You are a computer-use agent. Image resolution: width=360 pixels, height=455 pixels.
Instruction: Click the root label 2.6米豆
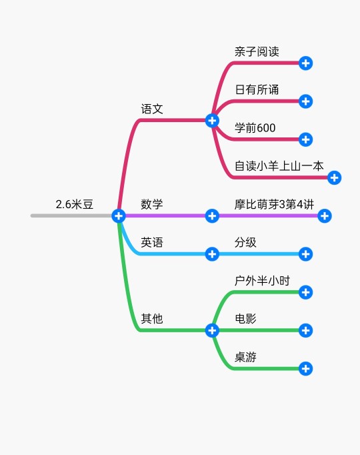(x=75, y=204)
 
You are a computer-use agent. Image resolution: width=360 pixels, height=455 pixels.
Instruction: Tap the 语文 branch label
(x=152, y=109)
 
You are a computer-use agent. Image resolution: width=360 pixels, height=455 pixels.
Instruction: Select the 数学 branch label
(x=152, y=204)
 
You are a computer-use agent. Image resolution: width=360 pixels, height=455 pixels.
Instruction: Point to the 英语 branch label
(x=152, y=242)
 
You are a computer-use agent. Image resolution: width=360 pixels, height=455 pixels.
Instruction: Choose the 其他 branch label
(x=152, y=319)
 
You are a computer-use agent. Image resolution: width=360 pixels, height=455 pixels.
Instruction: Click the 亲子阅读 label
(x=257, y=51)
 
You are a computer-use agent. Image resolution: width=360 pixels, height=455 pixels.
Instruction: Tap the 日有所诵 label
(x=257, y=89)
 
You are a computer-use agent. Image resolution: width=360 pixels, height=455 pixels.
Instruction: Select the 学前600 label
(x=255, y=128)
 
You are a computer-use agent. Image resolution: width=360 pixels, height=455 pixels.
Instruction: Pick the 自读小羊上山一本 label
(x=279, y=166)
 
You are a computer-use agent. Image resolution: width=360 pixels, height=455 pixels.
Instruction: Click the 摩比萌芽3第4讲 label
(x=274, y=204)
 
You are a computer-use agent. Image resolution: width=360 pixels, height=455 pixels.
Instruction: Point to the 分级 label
(x=245, y=242)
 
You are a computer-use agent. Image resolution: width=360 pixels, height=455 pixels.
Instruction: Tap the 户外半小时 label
(x=262, y=281)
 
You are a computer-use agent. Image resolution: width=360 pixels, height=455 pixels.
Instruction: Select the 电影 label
(x=245, y=319)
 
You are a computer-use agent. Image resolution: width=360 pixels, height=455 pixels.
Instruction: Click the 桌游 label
(x=245, y=357)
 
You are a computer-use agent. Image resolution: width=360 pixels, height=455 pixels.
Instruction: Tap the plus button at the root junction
(x=119, y=216)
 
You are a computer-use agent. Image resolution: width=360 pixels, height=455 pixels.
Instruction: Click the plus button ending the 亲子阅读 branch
(x=305, y=63)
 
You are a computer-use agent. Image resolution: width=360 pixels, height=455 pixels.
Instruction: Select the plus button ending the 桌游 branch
(x=305, y=368)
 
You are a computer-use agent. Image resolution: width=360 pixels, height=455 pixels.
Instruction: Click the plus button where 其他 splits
(x=212, y=330)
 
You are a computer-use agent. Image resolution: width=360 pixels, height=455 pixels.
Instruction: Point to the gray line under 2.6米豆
(x=71, y=215)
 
